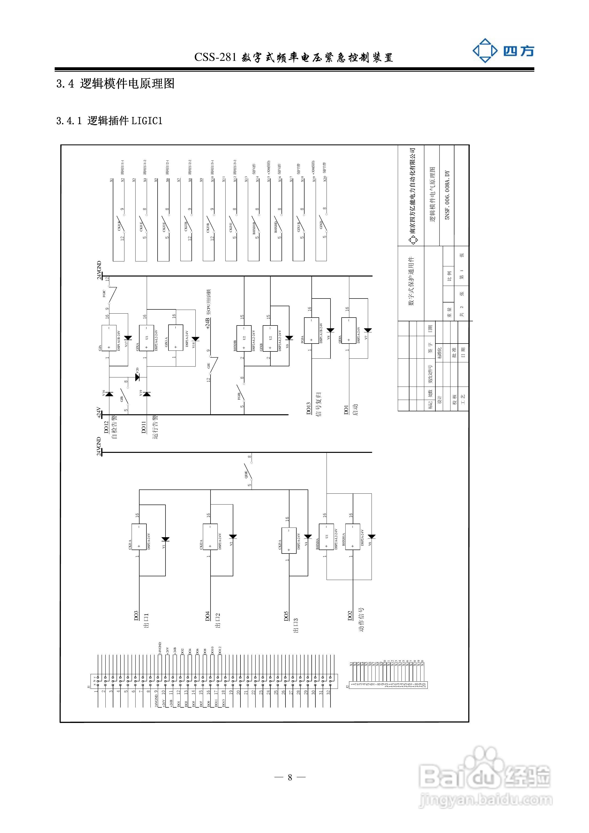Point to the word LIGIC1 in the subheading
pyautogui.click(x=147, y=121)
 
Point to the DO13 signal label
pyautogui.click(x=309, y=408)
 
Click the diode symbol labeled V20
pyautogui.click(x=137, y=377)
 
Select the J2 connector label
pyautogui.click(x=347, y=686)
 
